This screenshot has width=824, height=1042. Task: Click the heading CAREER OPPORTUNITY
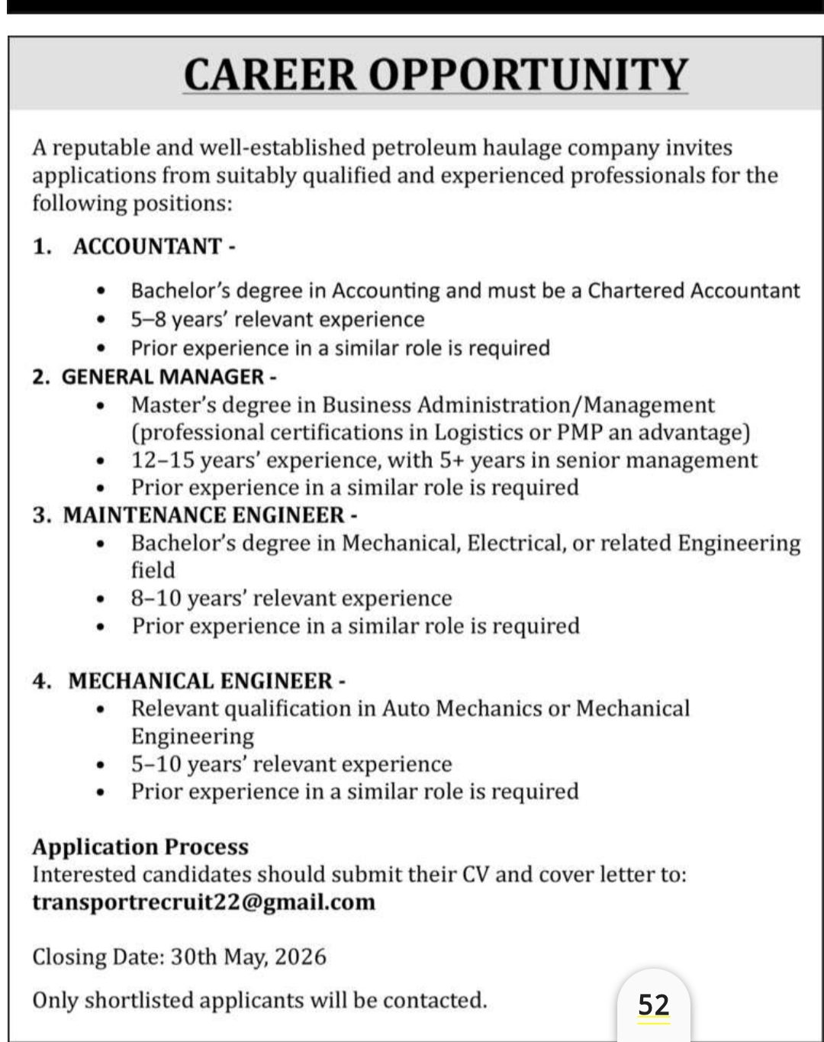436,74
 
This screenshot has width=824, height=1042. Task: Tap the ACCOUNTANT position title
147,247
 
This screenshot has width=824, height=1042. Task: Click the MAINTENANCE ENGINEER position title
204,515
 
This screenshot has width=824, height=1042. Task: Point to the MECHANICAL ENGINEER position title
201,680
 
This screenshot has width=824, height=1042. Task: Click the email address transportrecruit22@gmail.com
204,902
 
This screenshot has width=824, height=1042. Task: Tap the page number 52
654,1004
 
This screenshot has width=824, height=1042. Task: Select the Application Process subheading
140,847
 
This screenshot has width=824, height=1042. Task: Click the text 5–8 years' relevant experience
278,319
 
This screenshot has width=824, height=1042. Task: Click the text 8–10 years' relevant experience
291,598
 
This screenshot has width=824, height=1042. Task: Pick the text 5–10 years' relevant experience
291,763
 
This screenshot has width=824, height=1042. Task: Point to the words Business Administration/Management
518,405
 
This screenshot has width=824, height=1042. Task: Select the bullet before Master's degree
100,405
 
